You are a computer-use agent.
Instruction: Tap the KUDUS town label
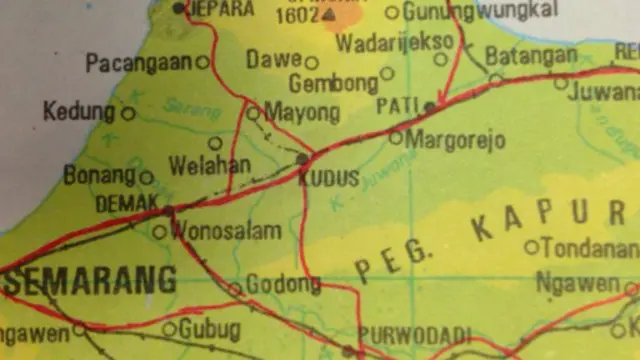pyautogui.click(x=328, y=179)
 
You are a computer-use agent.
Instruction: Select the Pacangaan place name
pyautogui.click(x=139, y=63)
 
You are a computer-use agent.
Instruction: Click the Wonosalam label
pyautogui.click(x=225, y=232)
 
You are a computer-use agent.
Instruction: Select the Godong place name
pyautogui.click(x=283, y=285)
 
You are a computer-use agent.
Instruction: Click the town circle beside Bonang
pyautogui.click(x=146, y=178)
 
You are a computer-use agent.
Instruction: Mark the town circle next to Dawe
pyautogui.click(x=311, y=62)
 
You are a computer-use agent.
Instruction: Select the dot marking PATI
pyautogui.click(x=429, y=105)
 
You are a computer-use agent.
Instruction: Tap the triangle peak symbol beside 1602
pyautogui.click(x=329, y=15)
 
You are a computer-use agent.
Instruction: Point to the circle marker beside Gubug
pyautogui.click(x=169, y=329)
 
